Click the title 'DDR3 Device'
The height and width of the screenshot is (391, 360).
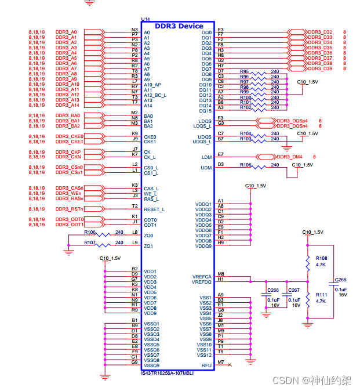click(x=179, y=26)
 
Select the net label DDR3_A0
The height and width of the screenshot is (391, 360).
click(x=66, y=31)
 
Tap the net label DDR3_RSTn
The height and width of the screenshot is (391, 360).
click(x=69, y=209)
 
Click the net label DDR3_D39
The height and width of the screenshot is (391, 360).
click(x=319, y=68)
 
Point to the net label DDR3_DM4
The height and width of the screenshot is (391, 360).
click(x=289, y=157)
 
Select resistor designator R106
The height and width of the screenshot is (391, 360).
click(x=90, y=231)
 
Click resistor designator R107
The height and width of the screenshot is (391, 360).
click(x=90, y=242)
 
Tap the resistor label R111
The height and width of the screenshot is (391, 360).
click(x=321, y=294)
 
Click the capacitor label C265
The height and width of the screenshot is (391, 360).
click(x=340, y=280)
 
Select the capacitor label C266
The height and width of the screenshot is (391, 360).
click(x=273, y=290)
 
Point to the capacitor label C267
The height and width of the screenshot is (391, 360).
click(x=294, y=290)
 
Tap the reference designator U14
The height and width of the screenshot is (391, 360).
click(x=146, y=19)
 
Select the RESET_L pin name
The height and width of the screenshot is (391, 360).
click(x=154, y=209)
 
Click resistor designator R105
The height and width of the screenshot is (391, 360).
click(x=246, y=165)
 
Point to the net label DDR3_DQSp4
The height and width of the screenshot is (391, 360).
click(x=292, y=121)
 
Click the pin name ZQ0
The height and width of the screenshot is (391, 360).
click(x=148, y=236)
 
